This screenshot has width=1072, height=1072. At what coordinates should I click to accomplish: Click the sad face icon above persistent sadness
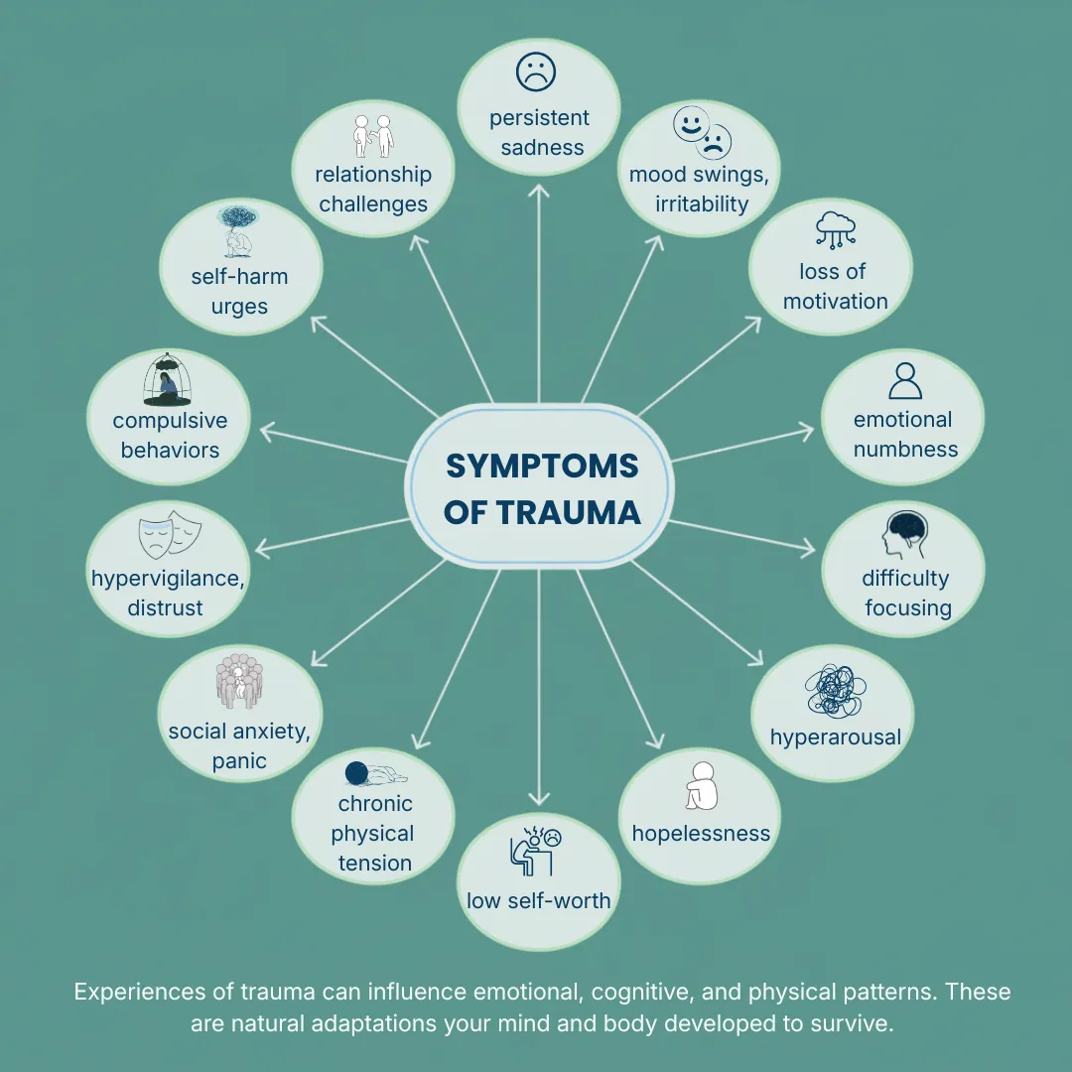pos(536,71)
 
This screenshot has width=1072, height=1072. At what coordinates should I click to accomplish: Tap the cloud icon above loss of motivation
pos(836,229)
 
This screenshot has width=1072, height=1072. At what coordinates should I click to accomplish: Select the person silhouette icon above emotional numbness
pos(905,381)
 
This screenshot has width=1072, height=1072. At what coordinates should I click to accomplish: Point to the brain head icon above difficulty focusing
pos(905,535)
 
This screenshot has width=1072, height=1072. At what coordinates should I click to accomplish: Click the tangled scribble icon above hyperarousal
pos(836,691)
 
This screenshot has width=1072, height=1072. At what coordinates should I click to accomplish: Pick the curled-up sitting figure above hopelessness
pos(702,786)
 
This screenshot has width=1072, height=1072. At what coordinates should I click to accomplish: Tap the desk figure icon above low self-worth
pos(536,852)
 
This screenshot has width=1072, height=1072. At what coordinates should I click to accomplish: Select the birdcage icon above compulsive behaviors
pos(168,380)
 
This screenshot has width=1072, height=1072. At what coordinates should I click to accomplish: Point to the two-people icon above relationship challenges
pos(373,136)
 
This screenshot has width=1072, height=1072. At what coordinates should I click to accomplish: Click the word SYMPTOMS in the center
pos(542,467)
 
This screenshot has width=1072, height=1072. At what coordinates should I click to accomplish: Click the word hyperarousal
pos(836,737)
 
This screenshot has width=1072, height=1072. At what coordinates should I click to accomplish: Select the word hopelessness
pos(701,834)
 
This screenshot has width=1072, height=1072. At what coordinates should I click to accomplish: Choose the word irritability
pos(702,203)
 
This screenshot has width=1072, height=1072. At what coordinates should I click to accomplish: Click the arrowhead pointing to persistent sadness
pos(539,191)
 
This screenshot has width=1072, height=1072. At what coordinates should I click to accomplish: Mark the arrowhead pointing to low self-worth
pos(539,798)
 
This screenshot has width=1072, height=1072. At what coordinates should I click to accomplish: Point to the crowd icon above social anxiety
pos(239,681)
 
